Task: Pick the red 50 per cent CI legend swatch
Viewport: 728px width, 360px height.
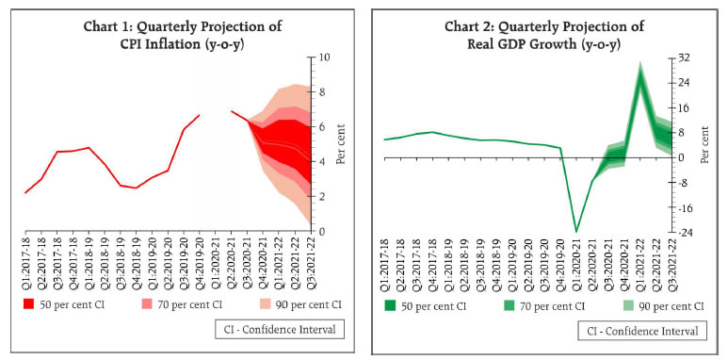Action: click(x=30, y=303)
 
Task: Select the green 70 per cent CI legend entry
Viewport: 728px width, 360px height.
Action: click(x=541, y=305)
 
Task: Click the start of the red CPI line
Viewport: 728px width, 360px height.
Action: click(x=25, y=192)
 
